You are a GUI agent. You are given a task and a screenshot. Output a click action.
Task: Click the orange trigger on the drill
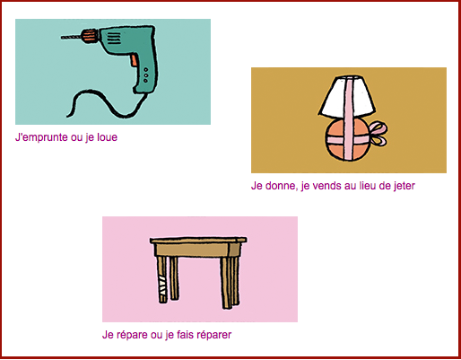pyautogui.click(x=134, y=60)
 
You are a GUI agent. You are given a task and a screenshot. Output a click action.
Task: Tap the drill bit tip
pyautogui.click(x=62, y=38)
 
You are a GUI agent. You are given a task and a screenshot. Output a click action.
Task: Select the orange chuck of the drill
pyautogui.click(x=90, y=35)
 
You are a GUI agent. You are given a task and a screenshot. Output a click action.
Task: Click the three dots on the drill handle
pyautogui.click(x=145, y=75)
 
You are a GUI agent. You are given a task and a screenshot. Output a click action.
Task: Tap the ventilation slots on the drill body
pyautogui.click(x=114, y=39)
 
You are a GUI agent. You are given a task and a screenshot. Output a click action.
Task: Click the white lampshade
pyautogui.click(x=347, y=96)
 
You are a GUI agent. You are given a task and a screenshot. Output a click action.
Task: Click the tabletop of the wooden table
pyautogui.click(x=198, y=241)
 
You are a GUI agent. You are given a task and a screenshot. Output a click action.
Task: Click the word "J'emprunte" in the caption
pyautogui.click(x=41, y=137)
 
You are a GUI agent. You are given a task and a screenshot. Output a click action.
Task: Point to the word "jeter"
pyautogui.click(x=404, y=186)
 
